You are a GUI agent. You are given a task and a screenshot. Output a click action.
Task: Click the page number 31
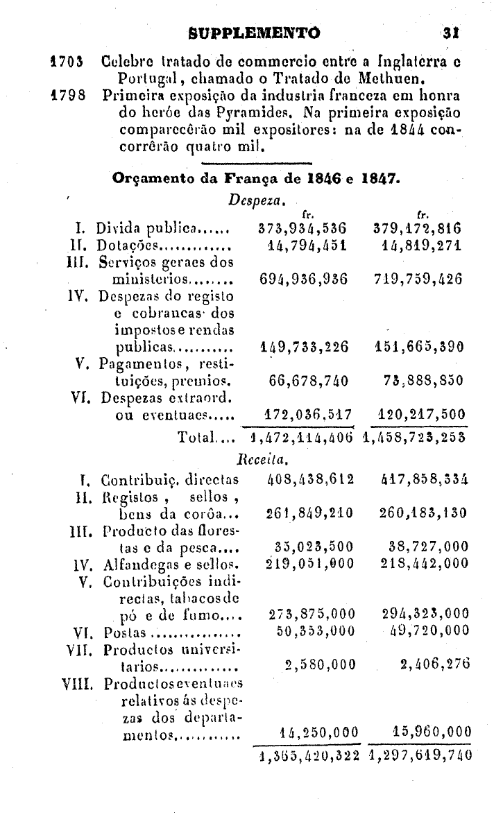tap(455, 32)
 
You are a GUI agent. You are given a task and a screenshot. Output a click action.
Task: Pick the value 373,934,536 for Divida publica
tap(302, 227)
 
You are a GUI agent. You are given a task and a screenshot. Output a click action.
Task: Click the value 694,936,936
tap(302, 279)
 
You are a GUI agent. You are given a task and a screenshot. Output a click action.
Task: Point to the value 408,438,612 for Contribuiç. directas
tap(311, 479)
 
